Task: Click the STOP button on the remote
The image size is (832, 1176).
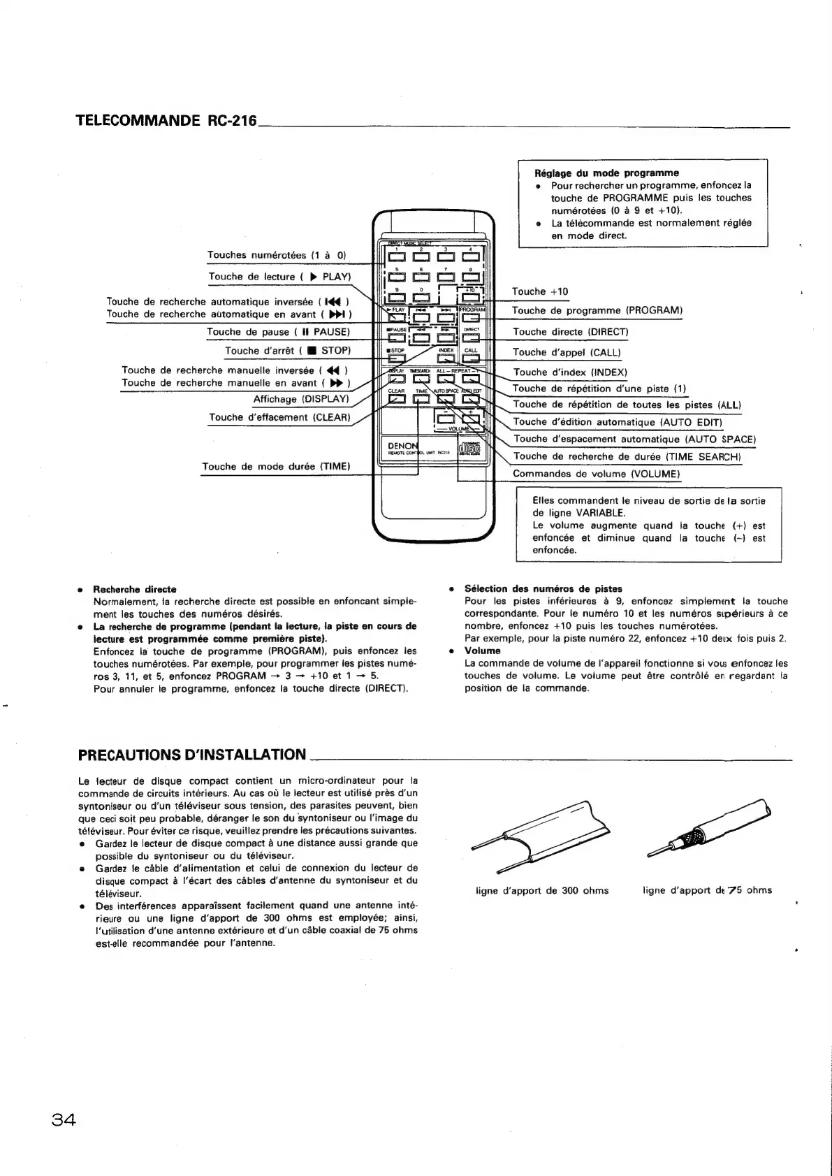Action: tap(396, 360)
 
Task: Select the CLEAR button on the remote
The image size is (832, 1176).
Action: tap(396, 400)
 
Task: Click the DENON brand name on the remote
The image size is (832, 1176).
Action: tap(402, 446)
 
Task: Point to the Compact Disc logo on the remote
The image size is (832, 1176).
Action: tap(469, 449)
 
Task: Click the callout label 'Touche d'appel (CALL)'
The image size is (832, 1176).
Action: tap(567, 352)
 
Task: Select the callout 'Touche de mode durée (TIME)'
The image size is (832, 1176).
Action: tap(276, 466)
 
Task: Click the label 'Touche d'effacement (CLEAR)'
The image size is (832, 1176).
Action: tap(279, 417)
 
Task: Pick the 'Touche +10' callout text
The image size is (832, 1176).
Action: tap(540, 291)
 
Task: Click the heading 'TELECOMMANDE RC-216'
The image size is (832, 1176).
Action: tap(167, 120)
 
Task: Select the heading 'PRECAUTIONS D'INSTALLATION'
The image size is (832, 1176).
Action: tap(192, 755)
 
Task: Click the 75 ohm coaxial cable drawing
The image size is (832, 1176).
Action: tap(709, 827)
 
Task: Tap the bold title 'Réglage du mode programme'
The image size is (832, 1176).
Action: tap(606, 173)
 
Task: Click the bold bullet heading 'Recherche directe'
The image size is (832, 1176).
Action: tap(135, 589)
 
